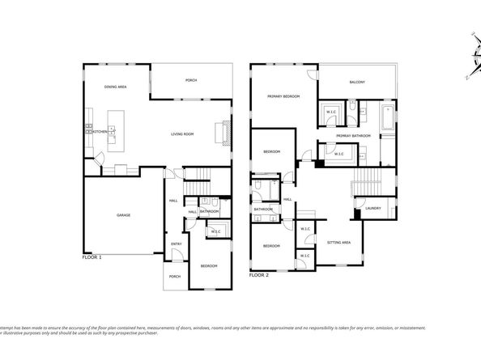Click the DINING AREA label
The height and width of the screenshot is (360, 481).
115,87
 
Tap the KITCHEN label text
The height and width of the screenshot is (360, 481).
100,131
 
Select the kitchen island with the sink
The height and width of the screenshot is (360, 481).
112,133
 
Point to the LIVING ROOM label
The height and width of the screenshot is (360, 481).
182,134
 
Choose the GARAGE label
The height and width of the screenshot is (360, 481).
123,215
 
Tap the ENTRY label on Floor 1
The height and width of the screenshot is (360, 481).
175,244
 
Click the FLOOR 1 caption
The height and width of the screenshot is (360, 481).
93,256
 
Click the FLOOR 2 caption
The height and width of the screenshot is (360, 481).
258,275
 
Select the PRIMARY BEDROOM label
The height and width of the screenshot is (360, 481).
283,96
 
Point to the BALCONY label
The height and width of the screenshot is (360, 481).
357,83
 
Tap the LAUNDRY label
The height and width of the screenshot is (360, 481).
372,209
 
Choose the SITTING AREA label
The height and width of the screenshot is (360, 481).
338,243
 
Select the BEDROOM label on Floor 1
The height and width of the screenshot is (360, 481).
208,265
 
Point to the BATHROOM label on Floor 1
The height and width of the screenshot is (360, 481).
210,212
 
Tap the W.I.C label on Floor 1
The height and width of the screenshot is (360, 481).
215,231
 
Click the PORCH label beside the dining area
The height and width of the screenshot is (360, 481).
190,81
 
